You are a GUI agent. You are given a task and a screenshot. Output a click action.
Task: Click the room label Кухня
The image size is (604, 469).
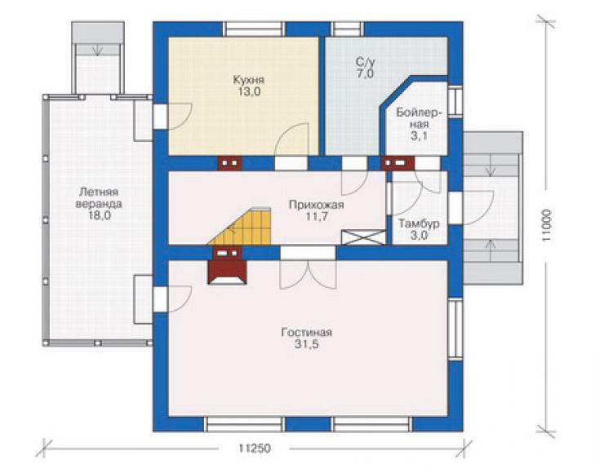pyautogui.click(x=248, y=80)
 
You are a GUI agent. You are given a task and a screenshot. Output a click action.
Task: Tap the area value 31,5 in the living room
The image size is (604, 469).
pyautogui.click(x=307, y=344)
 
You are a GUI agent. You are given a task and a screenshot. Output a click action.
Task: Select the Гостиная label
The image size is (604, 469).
pyautogui.click(x=307, y=332)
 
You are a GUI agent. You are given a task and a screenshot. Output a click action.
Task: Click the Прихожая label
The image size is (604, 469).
pyautogui.click(x=316, y=205)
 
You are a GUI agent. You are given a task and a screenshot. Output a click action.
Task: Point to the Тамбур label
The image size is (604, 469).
pyautogui.click(x=419, y=223)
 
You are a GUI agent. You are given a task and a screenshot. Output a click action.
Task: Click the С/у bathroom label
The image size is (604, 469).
pyautogui.click(x=365, y=62)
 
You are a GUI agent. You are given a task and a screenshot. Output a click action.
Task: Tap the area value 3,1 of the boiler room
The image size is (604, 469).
pyautogui.click(x=419, y=135)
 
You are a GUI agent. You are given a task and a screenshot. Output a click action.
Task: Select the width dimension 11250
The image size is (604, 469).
pyautogui.click(x=254, y=449)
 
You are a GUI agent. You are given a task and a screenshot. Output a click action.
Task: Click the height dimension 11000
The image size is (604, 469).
pyautogui.click(x=546, y=225)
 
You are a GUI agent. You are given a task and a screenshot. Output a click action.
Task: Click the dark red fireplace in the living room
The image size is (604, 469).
pyautogui.click(x=227, y=272)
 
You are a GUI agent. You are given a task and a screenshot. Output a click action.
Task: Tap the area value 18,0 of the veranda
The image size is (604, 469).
pyautogui.click(x=99, y=215)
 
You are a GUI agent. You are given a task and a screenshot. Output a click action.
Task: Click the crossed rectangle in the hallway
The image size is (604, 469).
pyautogui.click(x=363, y=237)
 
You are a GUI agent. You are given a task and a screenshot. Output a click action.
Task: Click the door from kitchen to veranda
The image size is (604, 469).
pyautogui.click(x=172, y=117)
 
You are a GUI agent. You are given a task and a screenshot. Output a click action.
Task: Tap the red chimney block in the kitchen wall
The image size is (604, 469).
pyautogui.click(x=229, y=163)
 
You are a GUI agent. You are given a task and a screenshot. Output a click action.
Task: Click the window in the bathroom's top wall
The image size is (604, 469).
pyautogui.click(x=347, y=29)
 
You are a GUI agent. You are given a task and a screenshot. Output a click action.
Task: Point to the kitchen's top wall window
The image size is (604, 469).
pyautogui.click(x=254, y=29)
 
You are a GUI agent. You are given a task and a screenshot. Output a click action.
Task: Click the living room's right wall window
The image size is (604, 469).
pyautogui.click(x=455, y=329)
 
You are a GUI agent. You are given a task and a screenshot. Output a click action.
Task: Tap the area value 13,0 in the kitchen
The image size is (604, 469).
pyautogui.click(x=249, y=92)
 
